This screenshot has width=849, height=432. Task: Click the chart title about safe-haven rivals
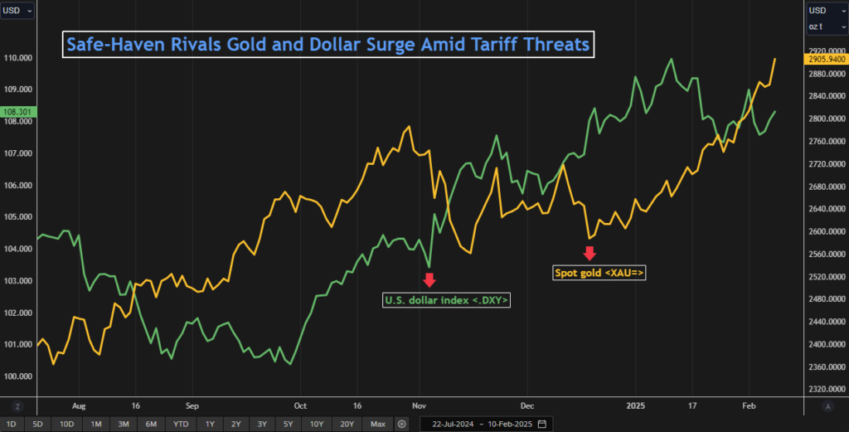tap(328, 44)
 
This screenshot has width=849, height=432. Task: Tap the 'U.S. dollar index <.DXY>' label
tap(446, 300)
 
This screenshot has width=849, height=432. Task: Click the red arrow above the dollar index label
tap(429, 279)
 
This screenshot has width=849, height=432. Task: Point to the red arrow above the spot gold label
tap(589, 252)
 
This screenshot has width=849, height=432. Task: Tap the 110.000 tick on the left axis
tap(17, 57)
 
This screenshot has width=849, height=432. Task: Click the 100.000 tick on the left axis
tap(17, 376)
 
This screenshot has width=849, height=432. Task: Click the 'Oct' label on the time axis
tap(300, 406)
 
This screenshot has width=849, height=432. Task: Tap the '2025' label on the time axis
tap(635, 406)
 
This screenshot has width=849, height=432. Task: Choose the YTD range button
tap(180, 424)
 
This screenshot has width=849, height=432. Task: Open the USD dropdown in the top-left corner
tap(17, 10)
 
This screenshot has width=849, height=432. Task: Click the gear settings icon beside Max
tap(402, 424)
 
